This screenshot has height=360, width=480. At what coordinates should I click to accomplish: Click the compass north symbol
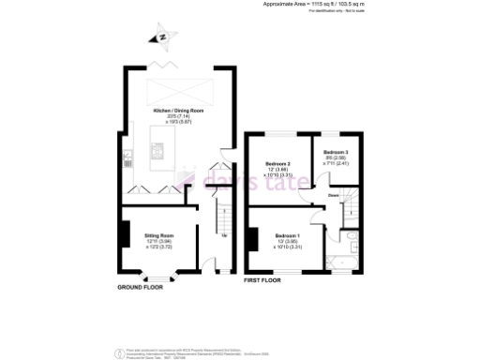click(163, 37)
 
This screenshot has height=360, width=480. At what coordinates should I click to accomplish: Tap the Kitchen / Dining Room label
click(172, 111)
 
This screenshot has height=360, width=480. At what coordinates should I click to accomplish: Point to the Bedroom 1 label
click(287, 235)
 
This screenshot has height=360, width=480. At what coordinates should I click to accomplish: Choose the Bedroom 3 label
click(336, 152)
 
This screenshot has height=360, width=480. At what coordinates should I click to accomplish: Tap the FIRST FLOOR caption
click(265, 280)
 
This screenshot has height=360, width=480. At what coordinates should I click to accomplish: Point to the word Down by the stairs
click(333, 196)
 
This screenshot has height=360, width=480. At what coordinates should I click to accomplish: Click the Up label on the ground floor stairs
click(224, 234)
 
